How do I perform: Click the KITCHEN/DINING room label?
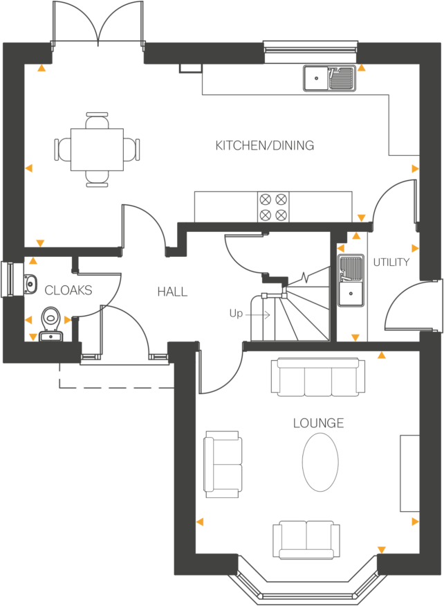pyautogui.click(x=264, y=145)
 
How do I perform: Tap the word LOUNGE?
pyautogui.click(x=318, y=423)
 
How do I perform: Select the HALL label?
pyautogui.click(x=172, y=292)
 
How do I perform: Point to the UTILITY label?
pyautogui.click(x=391, y=262)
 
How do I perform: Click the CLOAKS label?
pyautogui.click(x=68, y=290)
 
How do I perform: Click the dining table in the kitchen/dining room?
pyautogui.click(x=98, y=150)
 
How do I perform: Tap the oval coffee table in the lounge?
pyautogui.click(x=320, y=462)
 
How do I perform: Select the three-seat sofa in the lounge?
pyautogui.click(x=318, y=377)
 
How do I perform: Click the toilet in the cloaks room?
pyautogui.click(x=50, y=321)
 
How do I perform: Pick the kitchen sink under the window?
pyautogui.click(x=329, y=78)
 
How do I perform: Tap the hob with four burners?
pyautogui.click(x=272, y=206)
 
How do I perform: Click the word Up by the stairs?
pyautogui.click(x=237, y=314)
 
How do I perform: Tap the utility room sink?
pyautogui.click(x=351, y=293)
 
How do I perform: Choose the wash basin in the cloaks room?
pyautogui.click(x=30, y=284)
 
